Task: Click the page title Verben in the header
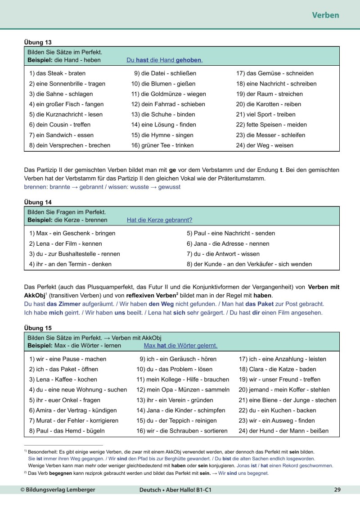click(325, 15)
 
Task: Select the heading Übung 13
click(38, 42)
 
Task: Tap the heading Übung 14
click(38, 203)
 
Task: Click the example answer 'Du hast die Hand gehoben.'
click(164, 60)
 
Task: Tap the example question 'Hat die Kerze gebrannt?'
click(160, 220)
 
